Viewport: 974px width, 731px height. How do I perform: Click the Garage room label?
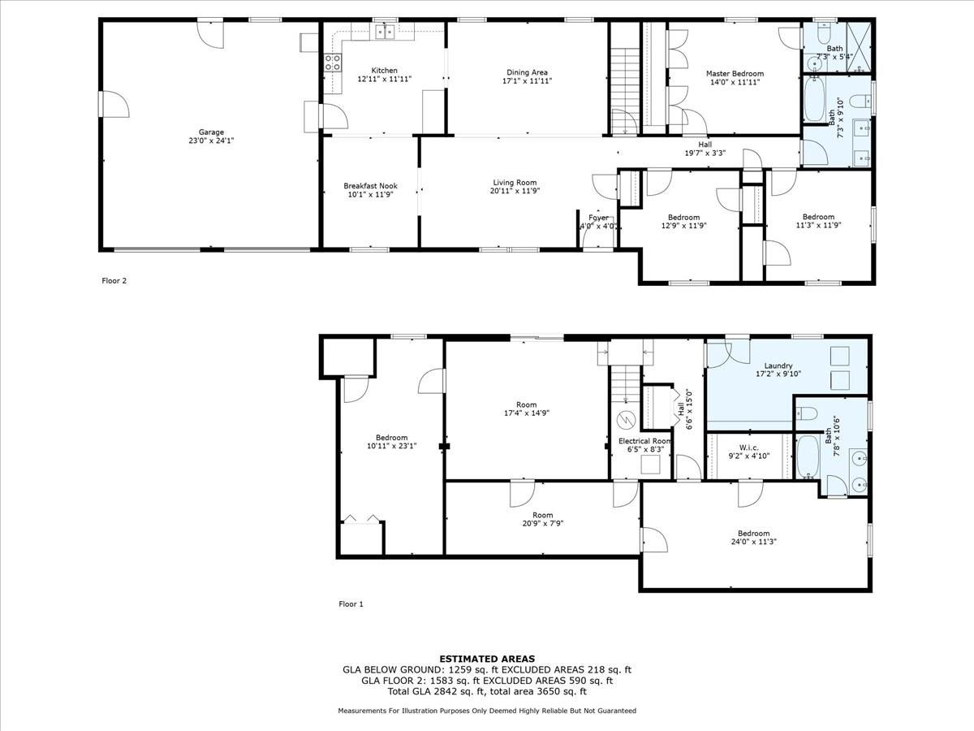pos(211,132)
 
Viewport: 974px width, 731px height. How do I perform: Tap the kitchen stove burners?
pos(333,63)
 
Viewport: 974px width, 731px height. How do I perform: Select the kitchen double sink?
pos(385,32)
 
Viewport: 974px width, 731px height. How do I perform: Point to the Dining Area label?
pos(527,72)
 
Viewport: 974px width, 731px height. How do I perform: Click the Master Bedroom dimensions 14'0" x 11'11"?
pos(735,82)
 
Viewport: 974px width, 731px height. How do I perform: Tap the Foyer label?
pos(598,218)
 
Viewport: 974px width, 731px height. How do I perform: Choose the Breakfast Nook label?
pos(370,186)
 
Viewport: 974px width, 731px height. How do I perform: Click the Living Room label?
pos(515,183)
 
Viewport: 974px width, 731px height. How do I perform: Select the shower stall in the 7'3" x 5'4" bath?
pos(859,47)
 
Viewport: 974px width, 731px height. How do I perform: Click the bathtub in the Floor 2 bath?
pos(814,99)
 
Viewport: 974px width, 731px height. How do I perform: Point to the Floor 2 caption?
pos(114,280)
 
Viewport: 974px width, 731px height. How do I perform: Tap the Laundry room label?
pos(778,365)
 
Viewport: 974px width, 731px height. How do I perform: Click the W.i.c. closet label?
pos(749,448)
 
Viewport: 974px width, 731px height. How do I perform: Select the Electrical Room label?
pos(644,441)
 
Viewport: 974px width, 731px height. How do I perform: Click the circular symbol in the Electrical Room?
pos(626,420)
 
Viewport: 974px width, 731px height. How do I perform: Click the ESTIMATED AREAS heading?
pos(487,659)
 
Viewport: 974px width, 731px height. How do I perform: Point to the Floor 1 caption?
pos(351,603)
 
